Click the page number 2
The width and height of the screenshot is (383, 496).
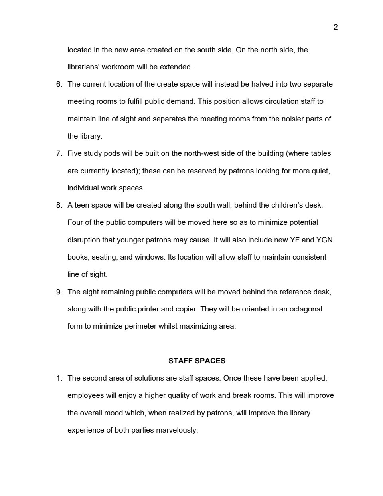[x=336, y=27]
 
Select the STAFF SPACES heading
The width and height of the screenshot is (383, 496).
[x=197, y=361]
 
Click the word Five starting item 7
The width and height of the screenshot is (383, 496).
[x=75, y=153]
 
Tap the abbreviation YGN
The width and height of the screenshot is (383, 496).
[x=324, y=240]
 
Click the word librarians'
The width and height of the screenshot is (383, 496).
[x=84, y=67]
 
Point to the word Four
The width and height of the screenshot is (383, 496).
[x=75, y=222]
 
